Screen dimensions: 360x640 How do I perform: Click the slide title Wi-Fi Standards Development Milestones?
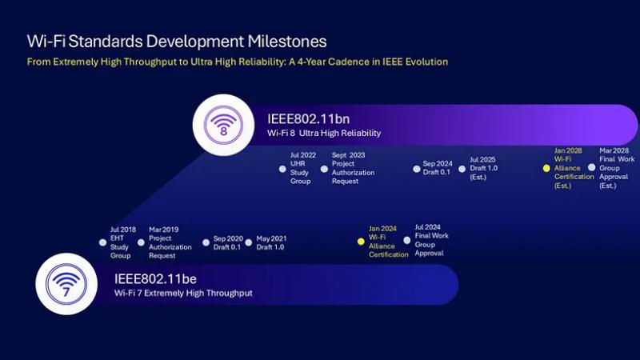[177, 41]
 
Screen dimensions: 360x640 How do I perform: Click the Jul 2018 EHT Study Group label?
[121, 242]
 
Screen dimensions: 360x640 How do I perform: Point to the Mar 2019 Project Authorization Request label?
[170, 242]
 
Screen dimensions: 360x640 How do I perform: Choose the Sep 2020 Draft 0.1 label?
[228, 243]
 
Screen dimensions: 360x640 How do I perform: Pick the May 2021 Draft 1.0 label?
[271, 243]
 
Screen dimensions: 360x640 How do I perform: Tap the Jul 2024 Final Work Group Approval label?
[431, 240]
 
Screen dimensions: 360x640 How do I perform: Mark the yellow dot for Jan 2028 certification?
[546, 168]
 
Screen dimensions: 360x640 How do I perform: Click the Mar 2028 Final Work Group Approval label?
[614, 167]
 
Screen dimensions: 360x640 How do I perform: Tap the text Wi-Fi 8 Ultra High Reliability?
[324, 133]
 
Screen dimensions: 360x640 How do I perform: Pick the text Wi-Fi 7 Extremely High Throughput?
[172, 294]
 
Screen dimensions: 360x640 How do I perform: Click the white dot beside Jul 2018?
[102, 242]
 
